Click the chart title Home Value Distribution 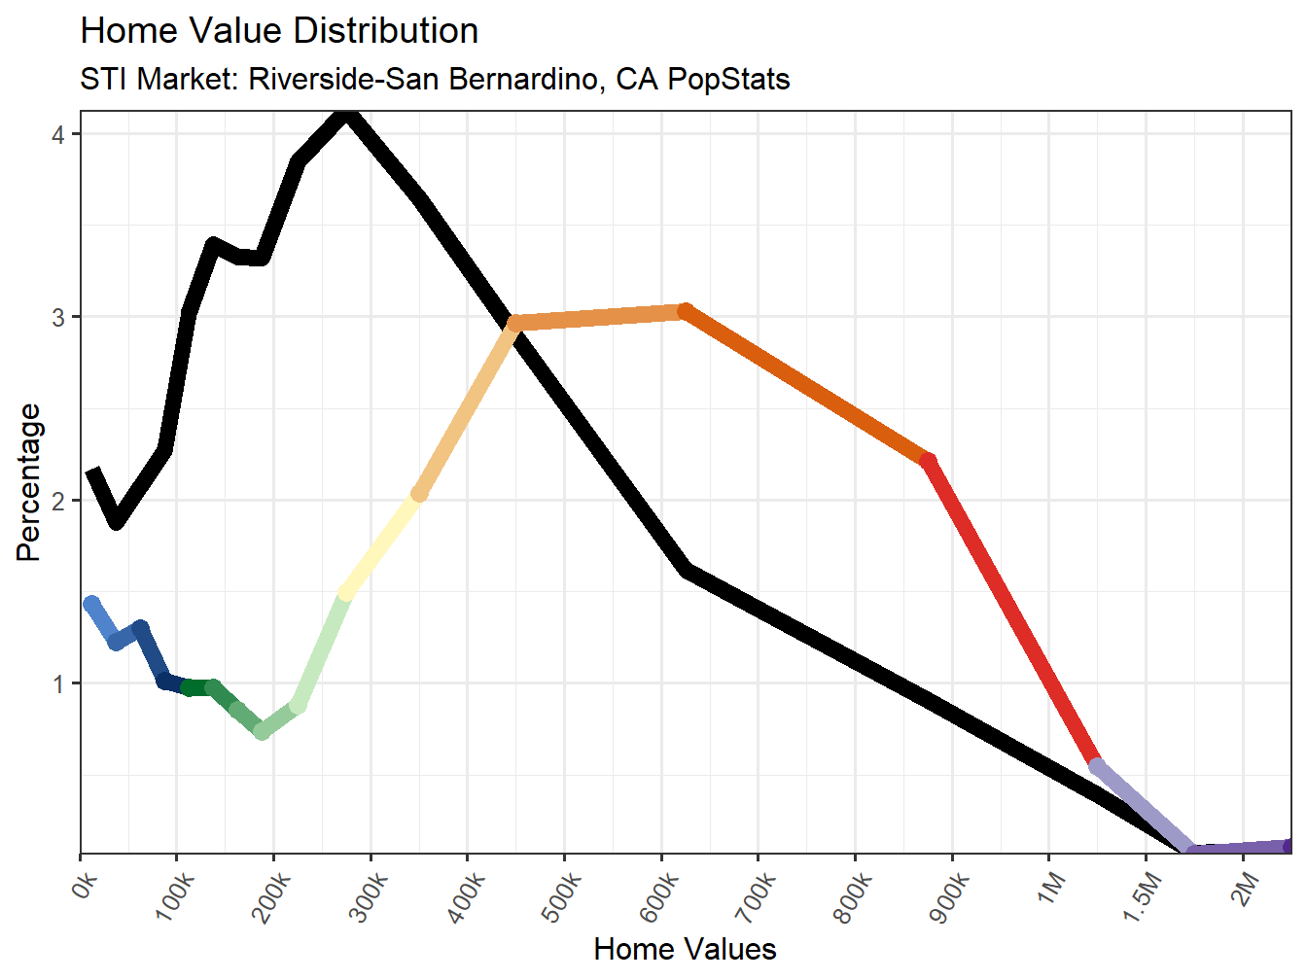[279, 31]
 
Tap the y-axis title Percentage [29, 482]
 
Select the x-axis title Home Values [685, 949]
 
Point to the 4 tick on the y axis [58, 134]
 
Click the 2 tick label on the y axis [58, 501]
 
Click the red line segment [1011, 612]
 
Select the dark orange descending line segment [807, 385]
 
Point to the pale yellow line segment [381, 544]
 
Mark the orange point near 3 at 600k [685, 311]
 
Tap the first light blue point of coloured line [91, 604]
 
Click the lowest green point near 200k [262, 731]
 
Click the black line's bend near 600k [687, 570]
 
